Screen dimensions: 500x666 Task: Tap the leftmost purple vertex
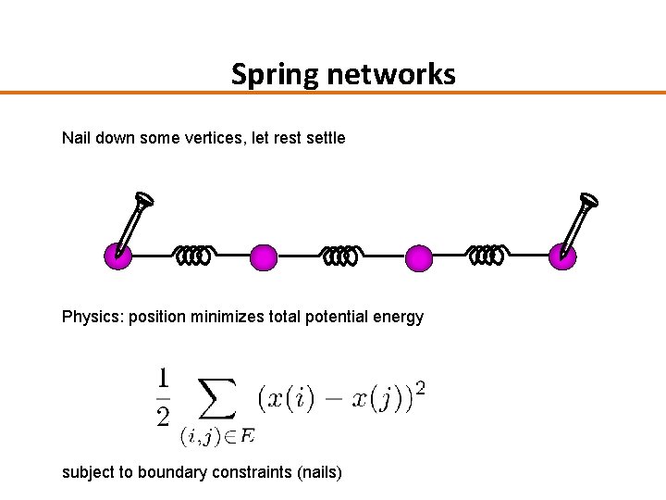tap(117, 256)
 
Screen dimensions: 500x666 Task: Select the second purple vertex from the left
tap(264, 256)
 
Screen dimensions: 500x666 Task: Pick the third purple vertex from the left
tap(419, 257)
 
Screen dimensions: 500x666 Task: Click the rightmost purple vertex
tap(562, 256)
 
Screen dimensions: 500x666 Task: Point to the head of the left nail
tap(143, 199)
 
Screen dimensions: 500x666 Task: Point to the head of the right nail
tap(586, 199)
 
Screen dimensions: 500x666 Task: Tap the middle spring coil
tap(340, 254)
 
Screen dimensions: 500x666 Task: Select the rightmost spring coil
tap(487, 254)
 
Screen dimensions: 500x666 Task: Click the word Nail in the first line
tap(77, 138)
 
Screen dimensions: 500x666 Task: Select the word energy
tap(398, 317)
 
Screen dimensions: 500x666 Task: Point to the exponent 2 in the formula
tap(420, 386)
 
